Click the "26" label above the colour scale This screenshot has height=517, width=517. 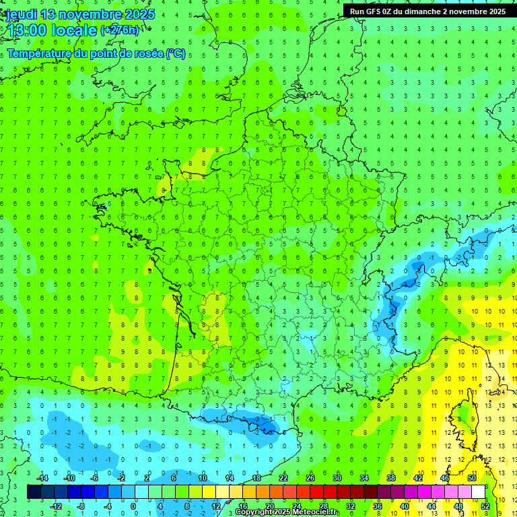point(310,478)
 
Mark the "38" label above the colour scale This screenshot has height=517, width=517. point(390,478)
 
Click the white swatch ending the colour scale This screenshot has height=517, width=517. point(478,491)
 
